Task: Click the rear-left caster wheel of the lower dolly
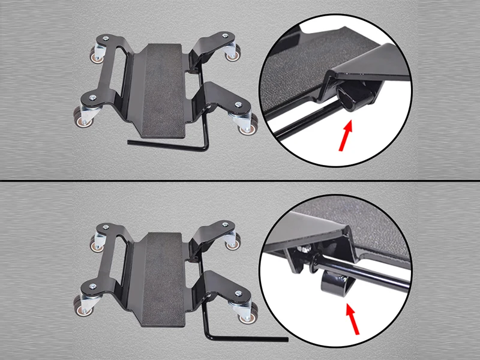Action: [x=96, y=241]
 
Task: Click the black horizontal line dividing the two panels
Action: [x=240, y=181]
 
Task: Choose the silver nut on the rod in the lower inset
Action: [x=308, y=248]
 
